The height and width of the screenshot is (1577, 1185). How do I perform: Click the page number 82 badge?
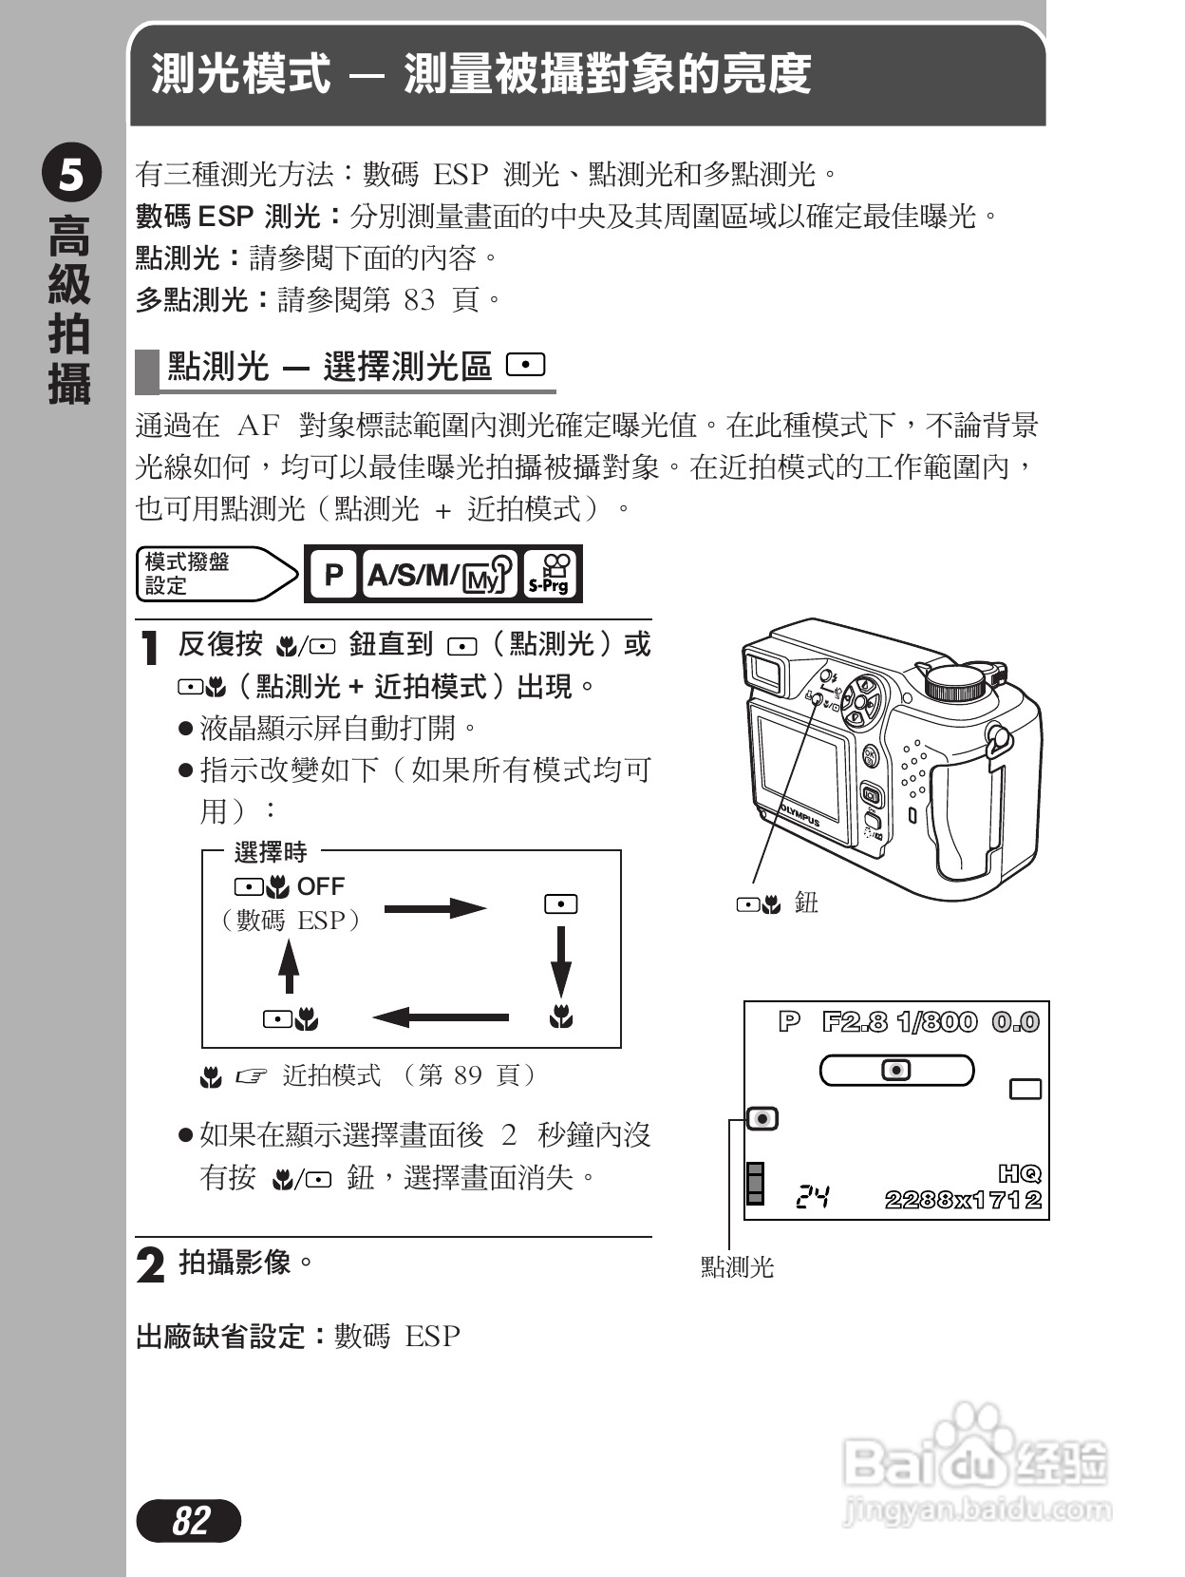(x=189, y=1521)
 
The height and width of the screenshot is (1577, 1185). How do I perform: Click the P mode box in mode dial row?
(x=333, y=574)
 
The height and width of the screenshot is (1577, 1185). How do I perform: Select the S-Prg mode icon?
(x=550, y=574)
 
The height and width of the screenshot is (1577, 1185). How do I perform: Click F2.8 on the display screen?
(x=855, y=1022)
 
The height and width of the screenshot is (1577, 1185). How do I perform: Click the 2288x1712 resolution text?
(x=963, y=1200)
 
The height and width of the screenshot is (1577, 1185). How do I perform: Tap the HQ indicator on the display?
(x=1020, y=1173)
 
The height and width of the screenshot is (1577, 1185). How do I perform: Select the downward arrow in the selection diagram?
(x=561, y=961)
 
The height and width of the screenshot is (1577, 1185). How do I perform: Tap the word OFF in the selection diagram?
(x=321, y=886)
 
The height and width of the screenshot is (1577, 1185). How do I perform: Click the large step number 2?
(x=150, y=1264)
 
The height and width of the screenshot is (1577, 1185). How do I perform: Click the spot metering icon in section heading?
(x=525, y=365)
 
